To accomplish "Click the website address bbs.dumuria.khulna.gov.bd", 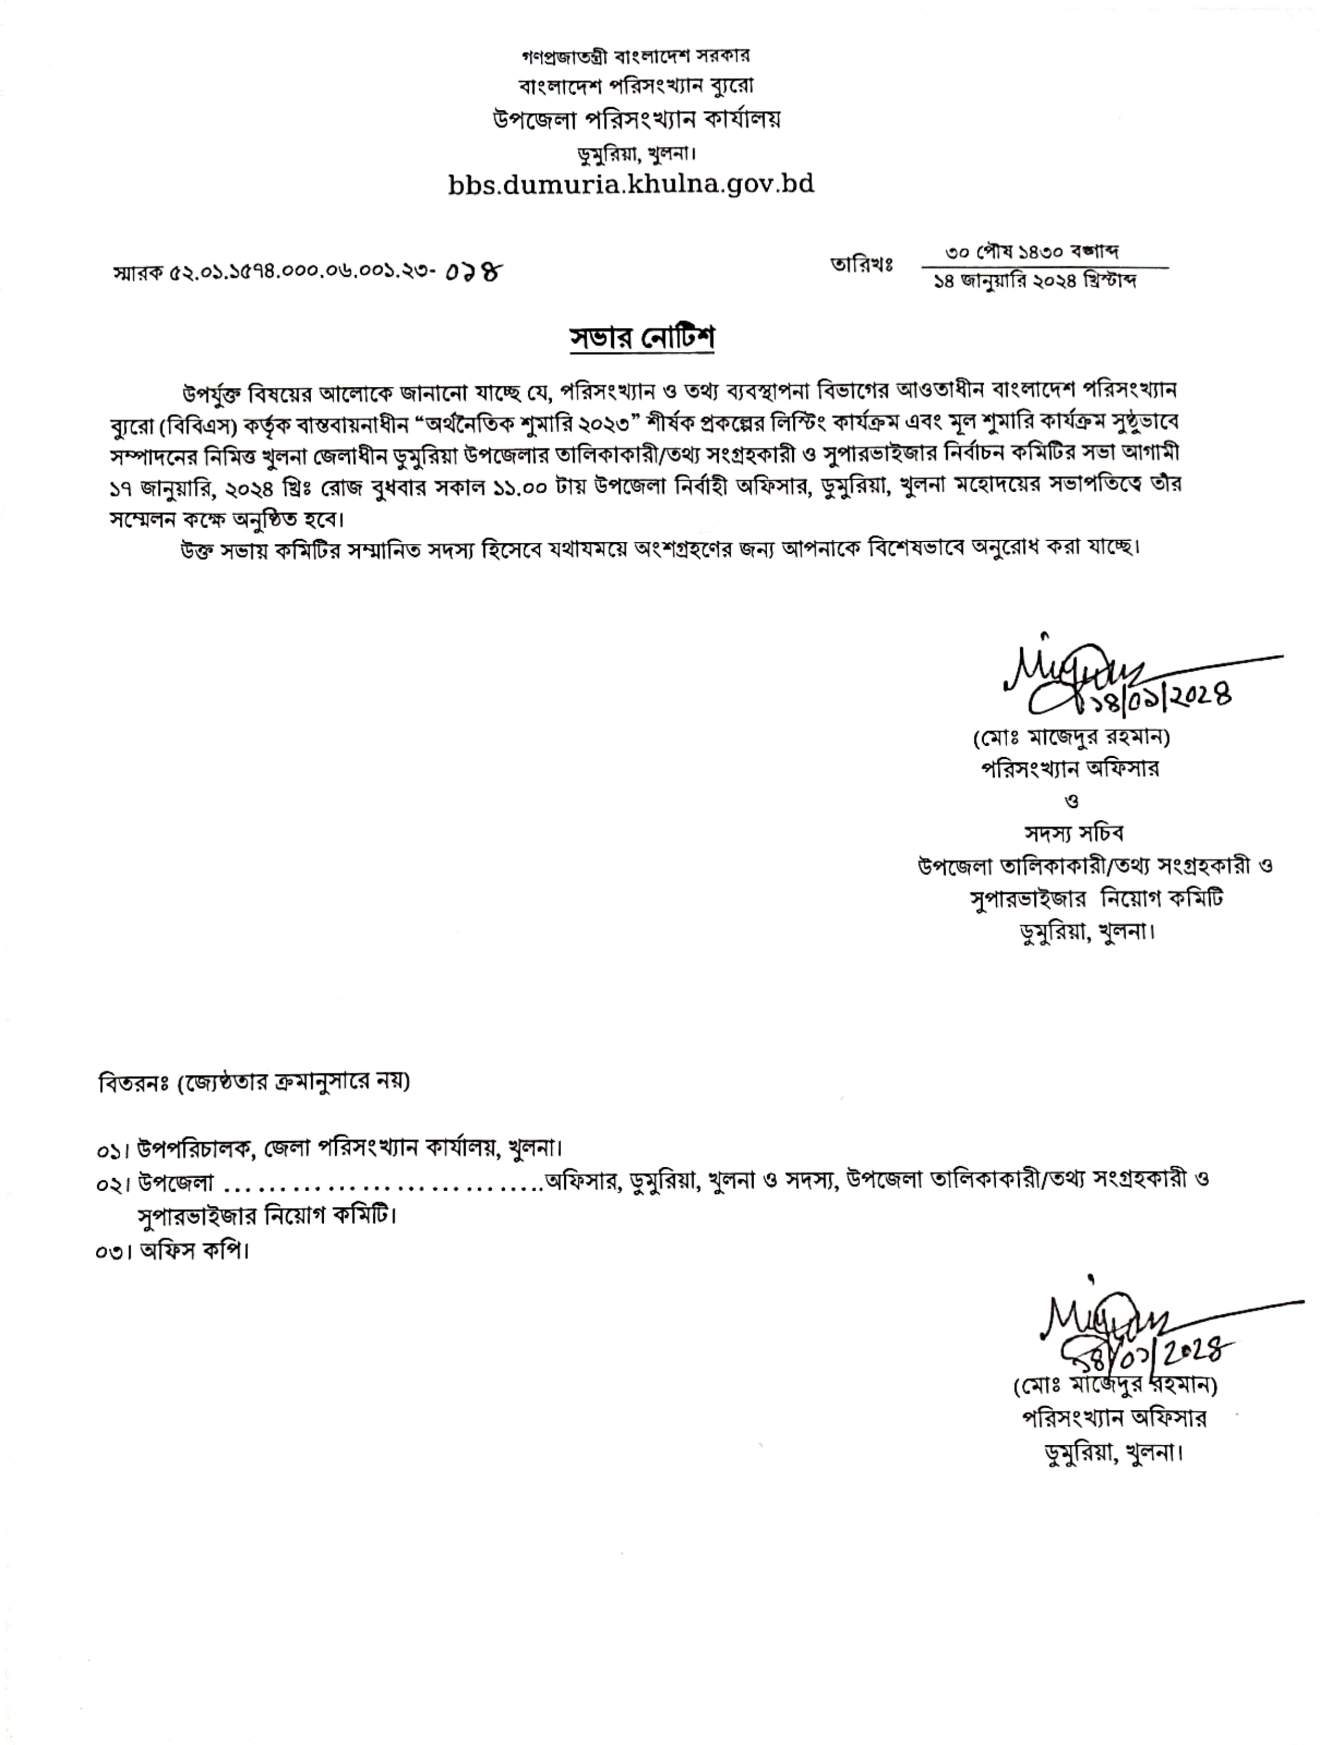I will (x=631, y=184).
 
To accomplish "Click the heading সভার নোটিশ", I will (x=642, y=338).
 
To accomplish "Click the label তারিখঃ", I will (x=861, y=265).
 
